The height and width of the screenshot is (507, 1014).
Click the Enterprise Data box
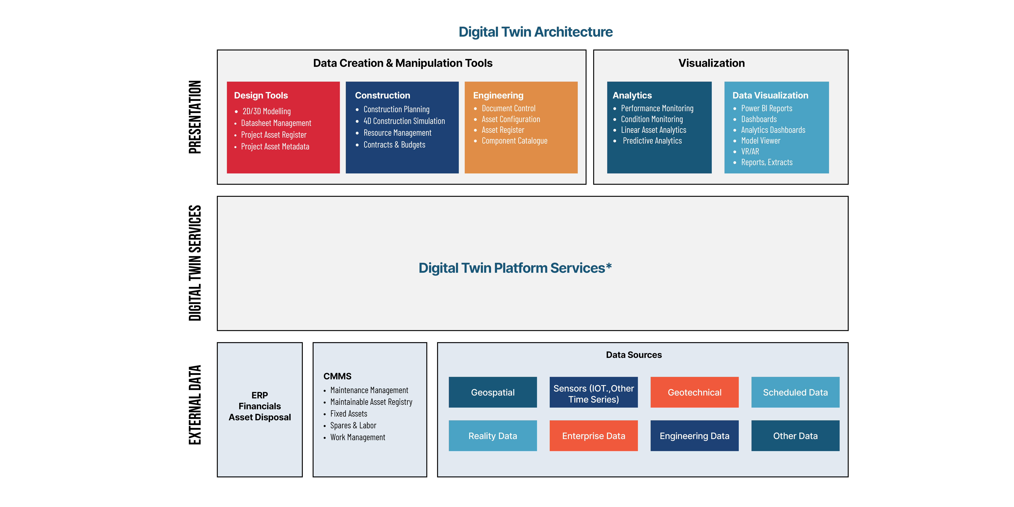(594, 436)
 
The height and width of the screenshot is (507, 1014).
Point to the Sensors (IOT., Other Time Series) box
(594, 392)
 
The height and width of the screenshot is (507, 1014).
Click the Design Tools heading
(261, 95)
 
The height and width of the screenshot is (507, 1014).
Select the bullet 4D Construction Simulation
(404, 121)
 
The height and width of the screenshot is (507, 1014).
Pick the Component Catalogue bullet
(515, 141)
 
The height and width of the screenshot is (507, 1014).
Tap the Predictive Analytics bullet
(652, 141)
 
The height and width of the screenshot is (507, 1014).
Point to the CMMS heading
(337, 376)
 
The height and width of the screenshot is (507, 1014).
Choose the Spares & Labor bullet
(353, 426)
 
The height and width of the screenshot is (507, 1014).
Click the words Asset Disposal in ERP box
(260, 417)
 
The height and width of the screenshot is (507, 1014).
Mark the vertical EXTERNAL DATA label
(195, 405)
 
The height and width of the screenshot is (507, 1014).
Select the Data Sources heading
(634, 355)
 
